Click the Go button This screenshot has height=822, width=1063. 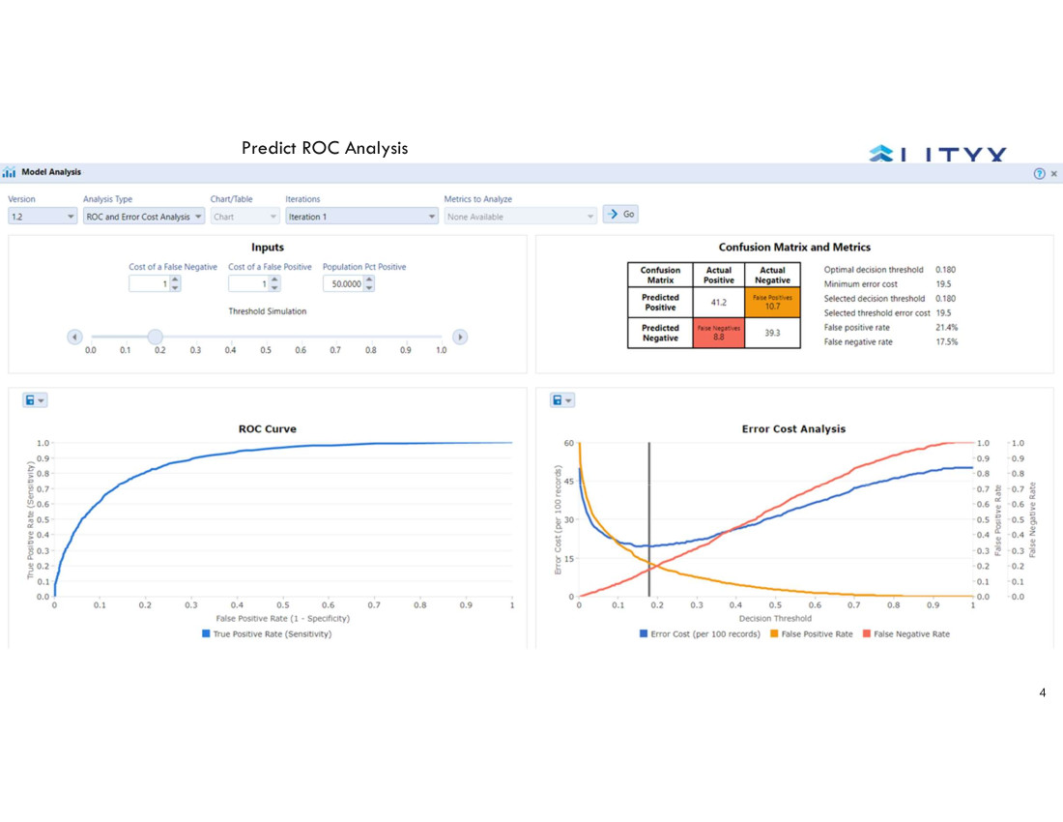pyautogui.click(x=620, y=214)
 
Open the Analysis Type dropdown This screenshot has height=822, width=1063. pyautogui.click(x=144, y=217)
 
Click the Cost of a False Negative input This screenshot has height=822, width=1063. pyautogui.click(x=151, y=283)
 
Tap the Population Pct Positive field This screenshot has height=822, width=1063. pyautogui.click(x=344, y=283)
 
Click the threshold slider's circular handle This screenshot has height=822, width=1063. pyautogui.click(x=155, y=337)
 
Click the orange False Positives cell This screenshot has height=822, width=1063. pyautogui.click(x=772, y=303)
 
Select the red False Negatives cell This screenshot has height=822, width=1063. pyautogui.click(x=718, y=333)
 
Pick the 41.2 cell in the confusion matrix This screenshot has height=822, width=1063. pyautogui.click(x=718, y=303)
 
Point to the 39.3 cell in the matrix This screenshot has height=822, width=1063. pyautogui.click(x=772, y=333)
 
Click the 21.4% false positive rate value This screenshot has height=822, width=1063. pyautogui.click(x=946, y=328)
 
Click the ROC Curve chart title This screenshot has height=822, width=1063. pyautogui.click(x=268, y=428)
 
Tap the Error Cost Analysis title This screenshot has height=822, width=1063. pyautogui.click(x=793, y=428)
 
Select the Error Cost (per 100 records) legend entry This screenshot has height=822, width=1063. pyautogui.click(x=700, y=634)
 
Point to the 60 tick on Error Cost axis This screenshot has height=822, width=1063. pyautogui.click(x=568, y=443)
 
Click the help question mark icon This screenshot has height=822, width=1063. pyautogui.click(x=1039, y=173)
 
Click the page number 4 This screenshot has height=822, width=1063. pyautogui.click(x=1043, y=692)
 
